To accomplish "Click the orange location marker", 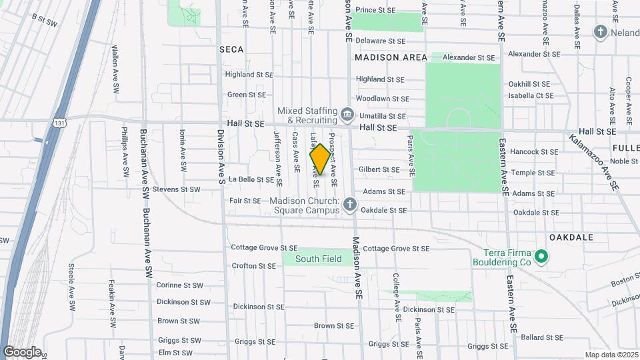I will click(x=320, y=159).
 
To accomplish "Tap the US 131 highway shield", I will click(x=61, y=123).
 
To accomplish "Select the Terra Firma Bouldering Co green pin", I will click(x=541, y=255).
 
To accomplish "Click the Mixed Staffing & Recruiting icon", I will click(x=347, y=115).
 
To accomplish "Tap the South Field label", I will click(x=319, y=259).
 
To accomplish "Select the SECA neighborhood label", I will click(x=231, y=49).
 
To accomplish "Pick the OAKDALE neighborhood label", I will click(x=571, y=237).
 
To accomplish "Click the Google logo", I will click(x=21, y=351).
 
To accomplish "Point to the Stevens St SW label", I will click(x=176, y=189).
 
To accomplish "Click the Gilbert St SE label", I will click(x=379, y=170).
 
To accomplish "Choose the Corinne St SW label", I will click(x=178, y=285).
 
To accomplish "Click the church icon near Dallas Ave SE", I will click(x=600, y=32).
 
